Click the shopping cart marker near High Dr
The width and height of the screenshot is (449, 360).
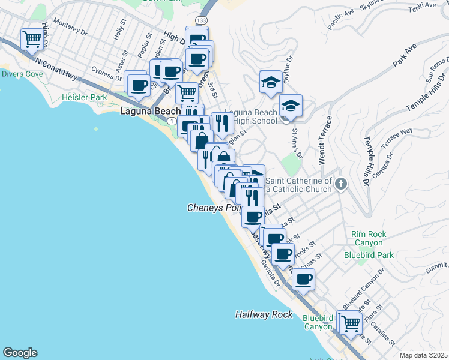(x=32, y=40)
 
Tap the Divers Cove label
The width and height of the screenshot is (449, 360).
(x=22, y=74)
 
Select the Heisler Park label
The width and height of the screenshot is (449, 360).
(x=85, y=97)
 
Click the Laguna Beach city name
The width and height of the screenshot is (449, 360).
(x=150, y=112)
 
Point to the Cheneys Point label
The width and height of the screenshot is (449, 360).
(x=214, y=208)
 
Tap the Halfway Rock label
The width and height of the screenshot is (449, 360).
(x=264, y=314)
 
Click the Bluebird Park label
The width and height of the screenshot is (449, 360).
(x=369, y=255)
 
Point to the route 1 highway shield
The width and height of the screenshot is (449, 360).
(x=173, y=121)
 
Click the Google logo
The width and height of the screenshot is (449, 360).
(x=20, y=353)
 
